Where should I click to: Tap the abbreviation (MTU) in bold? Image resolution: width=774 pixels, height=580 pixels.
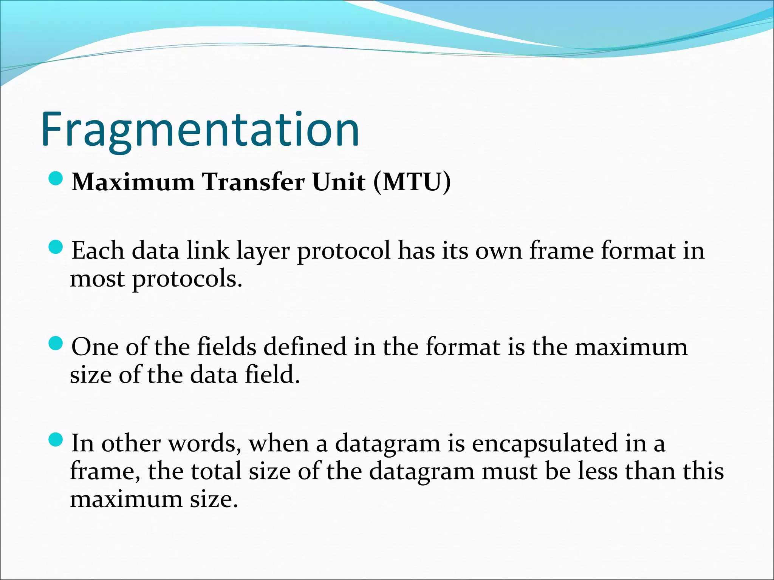pyautogui.click(x=412, y=182)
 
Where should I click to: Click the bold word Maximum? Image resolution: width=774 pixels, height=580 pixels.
pyautogui.click(x=133, y=182)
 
